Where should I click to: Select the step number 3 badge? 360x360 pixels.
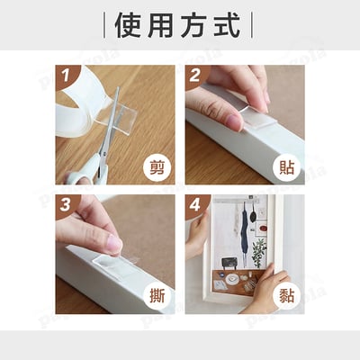(65, 204)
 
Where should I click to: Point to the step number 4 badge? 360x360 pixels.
(195, 204)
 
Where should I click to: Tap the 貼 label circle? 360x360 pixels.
(286, 166)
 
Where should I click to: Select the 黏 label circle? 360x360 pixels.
(286, 296)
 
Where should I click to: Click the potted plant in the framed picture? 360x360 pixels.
(258, 251)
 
